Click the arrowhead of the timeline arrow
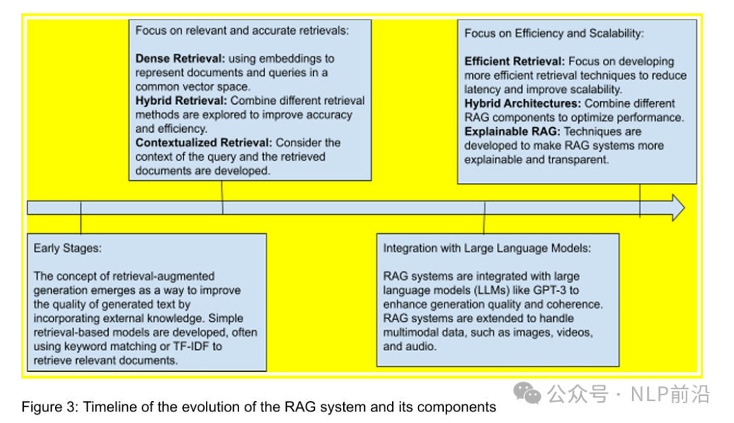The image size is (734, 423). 677,207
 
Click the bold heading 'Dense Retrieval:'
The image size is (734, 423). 179,58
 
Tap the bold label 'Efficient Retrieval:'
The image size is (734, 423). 514,61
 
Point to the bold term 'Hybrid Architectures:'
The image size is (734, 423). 523,103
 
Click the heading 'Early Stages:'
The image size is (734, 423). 67,248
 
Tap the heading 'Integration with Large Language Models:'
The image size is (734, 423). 487,248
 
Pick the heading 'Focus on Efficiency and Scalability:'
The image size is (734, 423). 554,33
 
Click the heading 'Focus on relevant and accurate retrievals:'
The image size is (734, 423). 242,30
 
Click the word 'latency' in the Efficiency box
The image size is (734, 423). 485,89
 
